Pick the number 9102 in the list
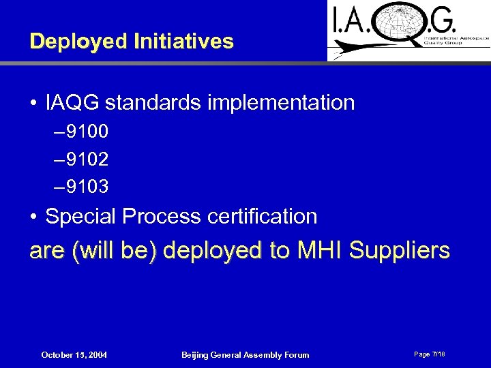[x=85, y=158]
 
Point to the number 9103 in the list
[x=85, y=186]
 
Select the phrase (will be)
[x=114, y=251]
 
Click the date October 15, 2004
[x=74, y=355]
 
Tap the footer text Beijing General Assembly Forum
[x=245, y=355]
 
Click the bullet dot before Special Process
[x=33, y=217]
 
